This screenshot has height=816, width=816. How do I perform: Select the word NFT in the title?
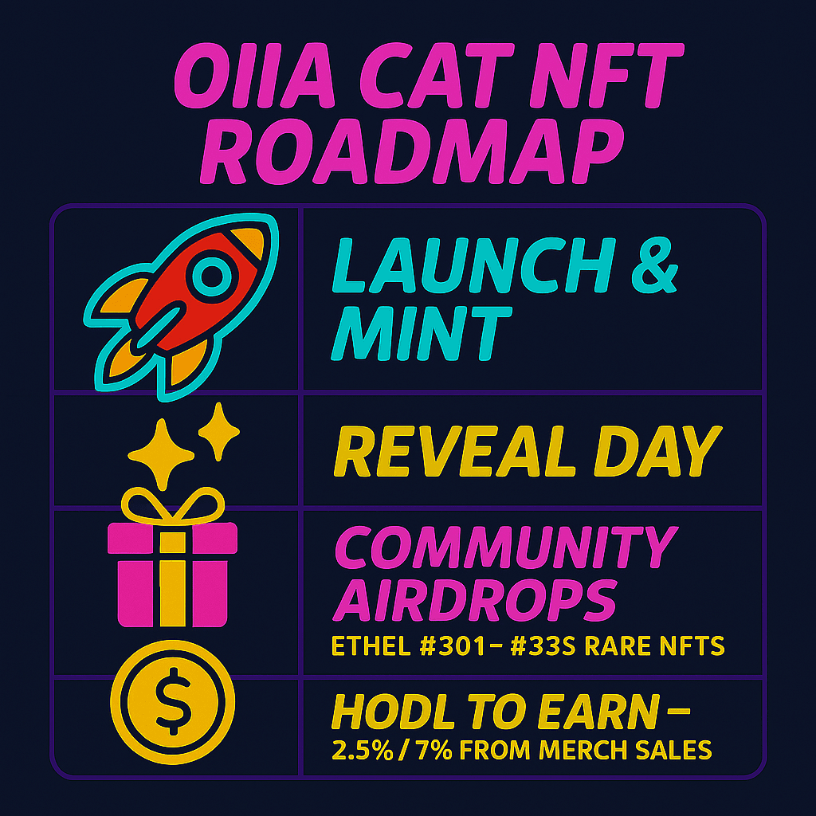point(606,76)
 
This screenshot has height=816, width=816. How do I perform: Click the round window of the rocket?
point(212,277)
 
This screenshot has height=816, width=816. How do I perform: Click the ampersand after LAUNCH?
point(655,265)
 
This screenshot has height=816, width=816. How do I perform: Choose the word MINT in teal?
point(422,332)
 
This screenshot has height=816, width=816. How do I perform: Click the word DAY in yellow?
point(657,451)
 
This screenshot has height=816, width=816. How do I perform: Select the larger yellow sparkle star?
point(161,453)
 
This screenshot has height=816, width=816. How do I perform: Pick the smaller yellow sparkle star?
point(219,431)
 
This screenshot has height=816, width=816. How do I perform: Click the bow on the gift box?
point(173,504)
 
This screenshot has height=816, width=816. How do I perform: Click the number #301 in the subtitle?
point(453,645)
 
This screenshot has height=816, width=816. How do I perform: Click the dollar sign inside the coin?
point(173,701)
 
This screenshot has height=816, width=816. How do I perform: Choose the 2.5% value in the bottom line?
point(363,750)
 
